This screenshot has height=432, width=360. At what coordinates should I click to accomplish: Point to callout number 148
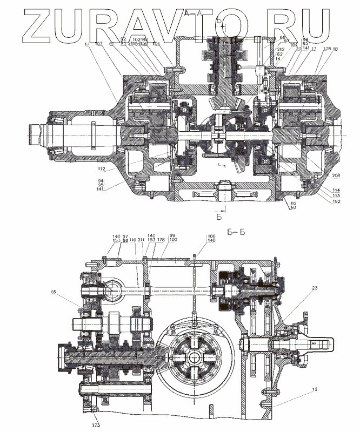[x=210, y=241]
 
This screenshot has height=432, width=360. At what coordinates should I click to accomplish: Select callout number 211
[x=141, y=241]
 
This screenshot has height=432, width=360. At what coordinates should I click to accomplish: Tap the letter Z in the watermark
[x=22, y=24]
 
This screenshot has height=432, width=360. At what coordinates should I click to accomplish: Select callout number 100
[x=172, y=241]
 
